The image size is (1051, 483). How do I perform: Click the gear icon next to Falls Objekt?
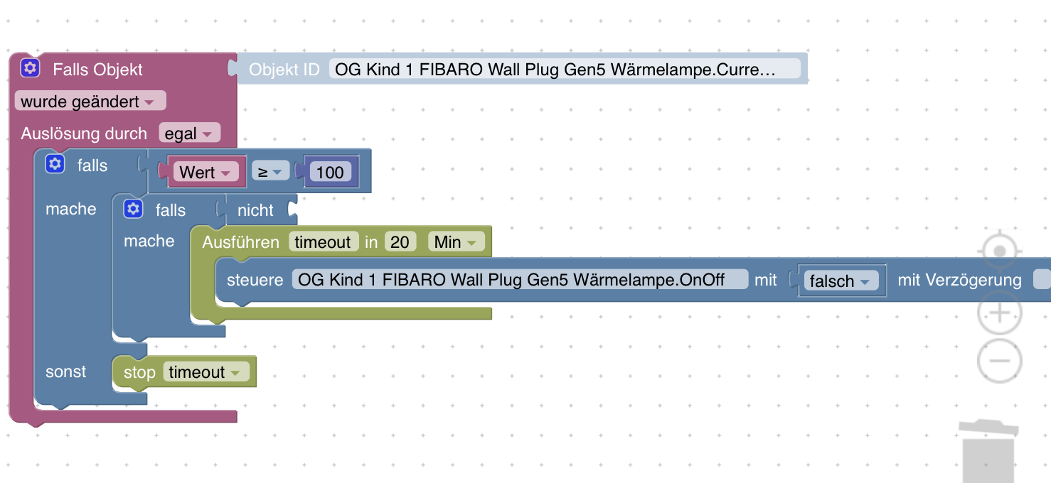pyautogui.click(x=29, y=68)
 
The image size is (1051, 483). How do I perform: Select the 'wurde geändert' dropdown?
pyautogui.click(x=89, y=102)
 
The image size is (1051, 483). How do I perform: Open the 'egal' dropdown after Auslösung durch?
pyautogui.click(x=189, y=134)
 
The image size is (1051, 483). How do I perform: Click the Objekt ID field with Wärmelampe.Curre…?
pyautogui.click(x=565, y=69)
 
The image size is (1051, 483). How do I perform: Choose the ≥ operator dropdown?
pyautogui.click(x=270, y=172)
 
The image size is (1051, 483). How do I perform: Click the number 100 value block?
pyautogui.click(x=330, y=172)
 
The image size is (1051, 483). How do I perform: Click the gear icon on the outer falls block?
pyautogui.click(x=55, y=165)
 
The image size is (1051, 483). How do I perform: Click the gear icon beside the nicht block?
pyautogui.click(x=133, y=210)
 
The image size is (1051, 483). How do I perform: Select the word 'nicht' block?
pyautogui.click(x=255, y=210)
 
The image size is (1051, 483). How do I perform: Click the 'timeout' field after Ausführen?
pyautogui.click(x=324, y=242)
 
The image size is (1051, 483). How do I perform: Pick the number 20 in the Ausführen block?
pyautogui.click(x=400, y=242)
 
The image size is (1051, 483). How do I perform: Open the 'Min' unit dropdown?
pyautogui.click(x=456, y=242)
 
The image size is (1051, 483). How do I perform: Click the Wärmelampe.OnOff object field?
pyautogui.click(x=520, y=279)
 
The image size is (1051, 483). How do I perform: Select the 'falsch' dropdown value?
pyautogui.click(x=839, y=281)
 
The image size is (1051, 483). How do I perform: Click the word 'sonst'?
pyautogui.click(x=65, y=371)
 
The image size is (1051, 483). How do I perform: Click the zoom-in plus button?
pyautogui.click(x=999, y=313)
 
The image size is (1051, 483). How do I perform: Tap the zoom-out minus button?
pyautogui.click(x=999, y=360)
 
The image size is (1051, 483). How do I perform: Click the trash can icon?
pyautogui.click(x=988, y=451)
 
